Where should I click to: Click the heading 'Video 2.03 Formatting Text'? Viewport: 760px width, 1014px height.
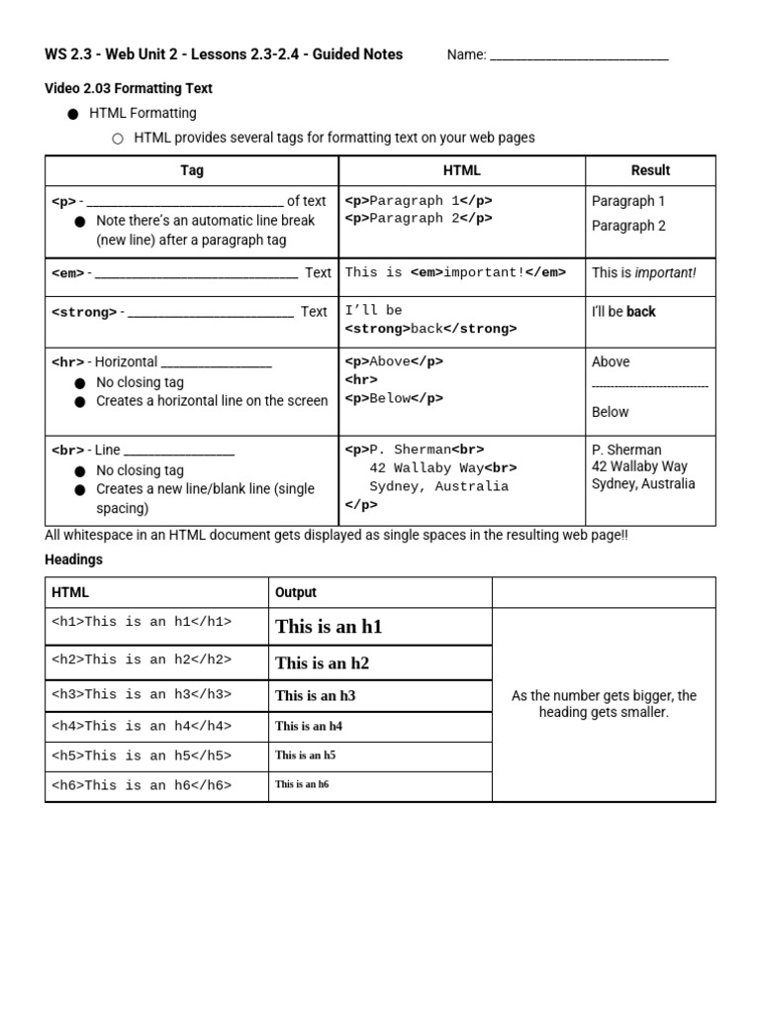coord(129,88)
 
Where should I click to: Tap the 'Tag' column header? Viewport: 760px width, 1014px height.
coord(192,170)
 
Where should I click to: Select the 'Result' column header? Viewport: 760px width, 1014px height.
coord(650,170)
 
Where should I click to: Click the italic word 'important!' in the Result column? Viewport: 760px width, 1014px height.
coord(665,272)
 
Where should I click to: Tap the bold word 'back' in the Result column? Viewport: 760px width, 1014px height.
coord(641,312)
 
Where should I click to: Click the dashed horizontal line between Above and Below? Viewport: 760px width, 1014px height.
coord(650,386)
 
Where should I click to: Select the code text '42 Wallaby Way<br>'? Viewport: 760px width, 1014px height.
coord(442,467)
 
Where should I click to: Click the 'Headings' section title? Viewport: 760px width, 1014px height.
coord(73,559)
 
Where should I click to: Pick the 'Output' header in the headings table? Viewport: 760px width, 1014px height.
coord(296,592)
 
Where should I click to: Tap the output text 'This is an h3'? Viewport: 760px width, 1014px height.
coord(315,695)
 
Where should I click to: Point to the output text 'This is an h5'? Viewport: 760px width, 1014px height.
coord(305,756)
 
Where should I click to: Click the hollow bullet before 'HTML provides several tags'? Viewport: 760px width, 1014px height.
coord(117,139)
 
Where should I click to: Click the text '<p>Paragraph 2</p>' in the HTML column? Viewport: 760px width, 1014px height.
coord(419,219)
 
